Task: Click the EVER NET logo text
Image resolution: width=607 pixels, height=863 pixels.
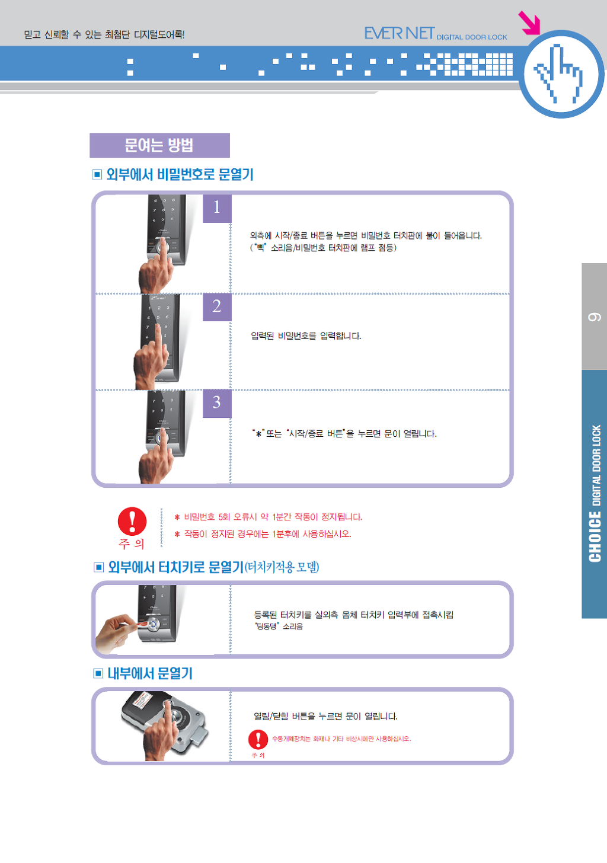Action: [400, 34]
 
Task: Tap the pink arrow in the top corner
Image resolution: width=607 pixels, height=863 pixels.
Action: [529, 23]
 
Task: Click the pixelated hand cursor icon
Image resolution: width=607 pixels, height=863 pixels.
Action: [558, 73]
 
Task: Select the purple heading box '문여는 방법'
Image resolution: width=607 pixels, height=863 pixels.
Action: [159, 145]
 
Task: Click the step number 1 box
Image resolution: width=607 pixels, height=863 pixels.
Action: [217, 209]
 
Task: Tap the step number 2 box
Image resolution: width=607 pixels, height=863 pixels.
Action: [217, 306]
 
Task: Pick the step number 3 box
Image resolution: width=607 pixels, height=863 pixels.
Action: [217, 404]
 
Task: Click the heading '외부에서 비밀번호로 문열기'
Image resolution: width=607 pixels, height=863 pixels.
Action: [180, 174]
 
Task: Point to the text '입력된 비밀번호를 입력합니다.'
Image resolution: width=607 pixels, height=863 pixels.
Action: [306, 336]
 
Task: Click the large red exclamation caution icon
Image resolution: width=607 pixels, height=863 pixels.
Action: [132, 521]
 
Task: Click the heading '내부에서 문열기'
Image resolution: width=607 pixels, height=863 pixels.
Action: [150, 673]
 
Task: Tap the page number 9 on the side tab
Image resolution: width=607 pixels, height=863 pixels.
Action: [595, 317]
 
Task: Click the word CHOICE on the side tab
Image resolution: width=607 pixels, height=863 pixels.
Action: [595, 536]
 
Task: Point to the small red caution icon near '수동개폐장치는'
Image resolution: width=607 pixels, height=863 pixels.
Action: [258, 739]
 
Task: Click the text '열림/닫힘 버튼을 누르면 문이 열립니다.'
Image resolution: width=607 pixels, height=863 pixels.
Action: [325, 716]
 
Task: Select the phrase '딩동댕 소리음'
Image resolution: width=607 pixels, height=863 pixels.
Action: [279, 626]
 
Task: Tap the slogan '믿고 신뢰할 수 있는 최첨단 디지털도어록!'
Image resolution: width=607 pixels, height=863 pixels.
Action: [104, 34]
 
